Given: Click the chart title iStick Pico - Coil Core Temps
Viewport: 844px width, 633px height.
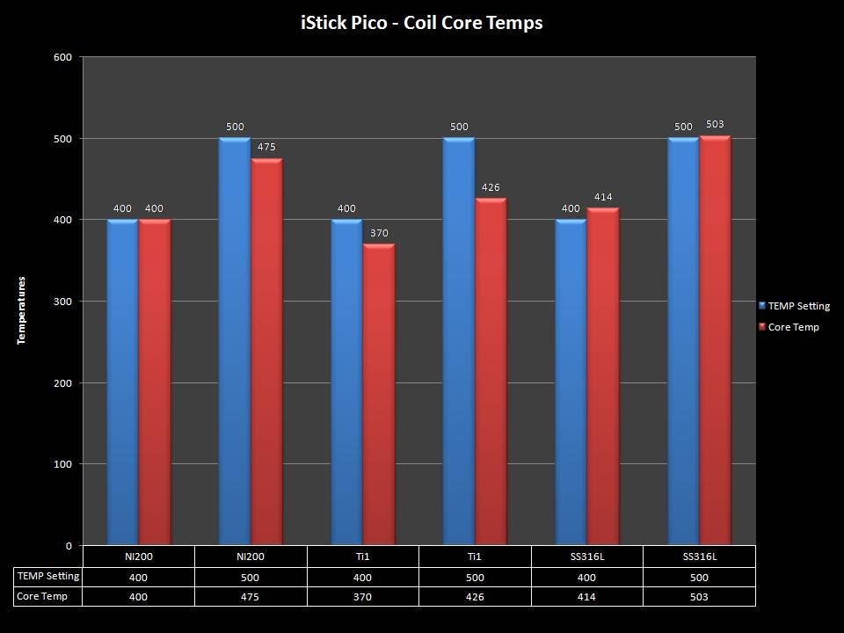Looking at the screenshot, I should [421, 23].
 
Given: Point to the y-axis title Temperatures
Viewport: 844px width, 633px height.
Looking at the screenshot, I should [22, 309].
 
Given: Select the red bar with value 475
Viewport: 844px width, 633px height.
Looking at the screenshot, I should [266, 352].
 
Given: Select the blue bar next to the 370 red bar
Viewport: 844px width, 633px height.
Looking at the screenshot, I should [346, 382].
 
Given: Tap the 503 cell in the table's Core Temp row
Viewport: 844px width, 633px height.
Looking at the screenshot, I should [699, 596].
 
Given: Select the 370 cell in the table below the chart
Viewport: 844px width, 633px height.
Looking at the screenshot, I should [363, 596].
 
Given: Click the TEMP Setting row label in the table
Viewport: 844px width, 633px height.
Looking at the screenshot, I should [48, 577].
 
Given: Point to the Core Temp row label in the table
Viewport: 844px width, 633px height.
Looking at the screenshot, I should [43, 596].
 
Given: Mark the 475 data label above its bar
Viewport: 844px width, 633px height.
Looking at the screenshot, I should [266, 147].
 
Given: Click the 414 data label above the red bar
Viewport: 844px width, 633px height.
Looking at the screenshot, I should [603, 197].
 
